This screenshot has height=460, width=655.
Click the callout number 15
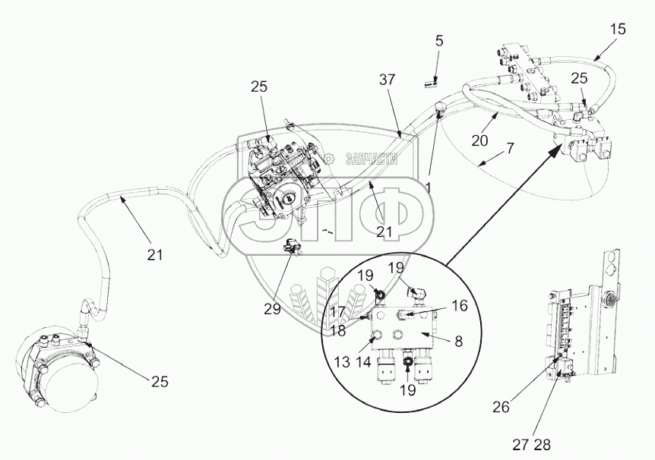click(618, 29)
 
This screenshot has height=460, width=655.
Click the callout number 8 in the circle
click(459, 342)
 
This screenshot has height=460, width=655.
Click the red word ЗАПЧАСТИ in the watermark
click(372, 159)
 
